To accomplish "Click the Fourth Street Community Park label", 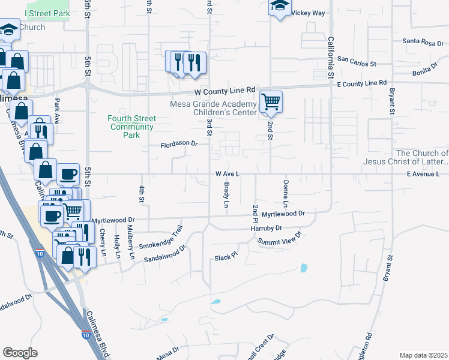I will tap(131, 127).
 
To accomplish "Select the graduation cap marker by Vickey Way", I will tap(279, 6).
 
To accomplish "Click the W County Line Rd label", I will tap(225, 91).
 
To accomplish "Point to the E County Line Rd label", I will tap(361, 83).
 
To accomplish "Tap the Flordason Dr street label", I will tap(179, 144).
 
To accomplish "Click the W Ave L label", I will tap(228, 173).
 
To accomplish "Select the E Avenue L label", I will tap(423, 174).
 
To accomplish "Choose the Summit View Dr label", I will tap(279, 238).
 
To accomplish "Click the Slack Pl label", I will tap(226, 257).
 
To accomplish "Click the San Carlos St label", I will tap(356, 61).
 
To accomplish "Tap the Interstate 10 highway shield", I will tap(86, 334).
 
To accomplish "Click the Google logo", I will tap(20, 352).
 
